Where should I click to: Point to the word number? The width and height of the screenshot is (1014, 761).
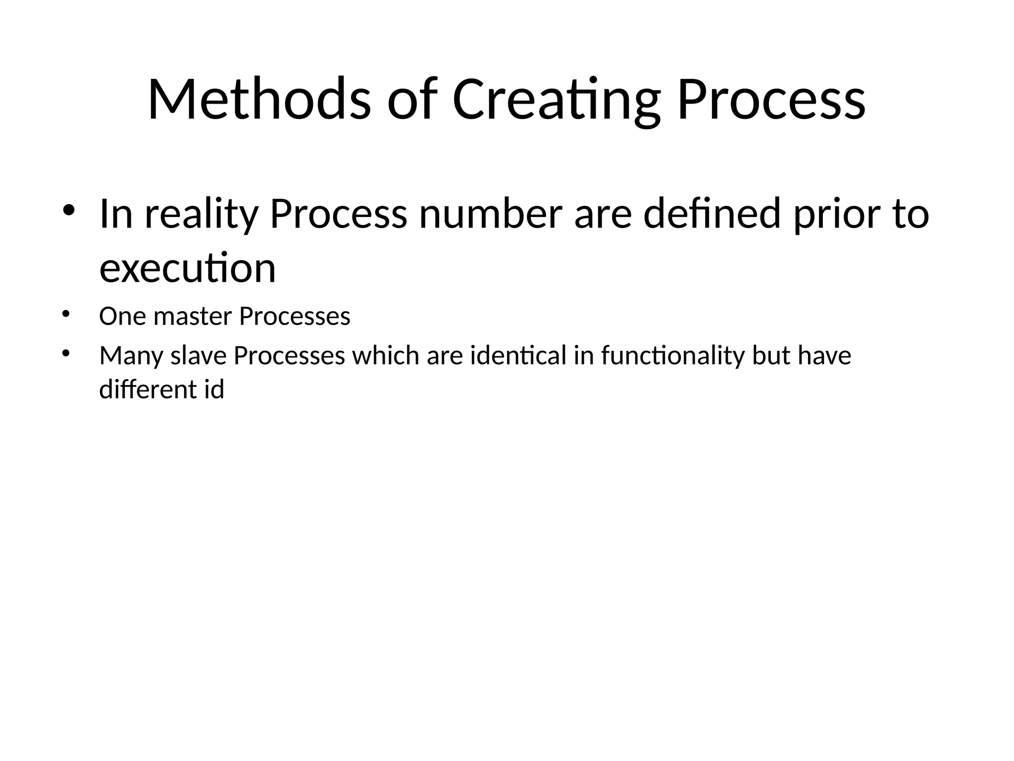pos(491,214)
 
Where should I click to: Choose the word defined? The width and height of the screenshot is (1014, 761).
pos(712,214)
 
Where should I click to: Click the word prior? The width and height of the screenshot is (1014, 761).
pos(835,214)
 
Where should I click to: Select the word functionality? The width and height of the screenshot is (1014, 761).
pos(673,356)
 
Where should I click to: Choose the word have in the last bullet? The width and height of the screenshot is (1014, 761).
pos(824,356)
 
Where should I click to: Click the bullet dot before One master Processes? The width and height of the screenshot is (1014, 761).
pos(66,314)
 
